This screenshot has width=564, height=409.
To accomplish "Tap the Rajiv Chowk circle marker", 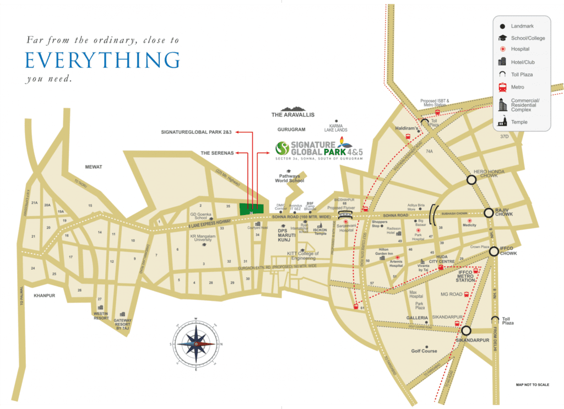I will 488,213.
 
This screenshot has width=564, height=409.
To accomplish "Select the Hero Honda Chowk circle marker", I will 471,179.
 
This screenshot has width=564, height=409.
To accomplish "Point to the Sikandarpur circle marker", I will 466,331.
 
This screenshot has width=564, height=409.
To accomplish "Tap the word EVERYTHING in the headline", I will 102,60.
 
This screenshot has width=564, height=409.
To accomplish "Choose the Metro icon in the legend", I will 502,87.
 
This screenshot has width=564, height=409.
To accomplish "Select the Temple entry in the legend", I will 519,122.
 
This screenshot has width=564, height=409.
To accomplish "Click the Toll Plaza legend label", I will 522,74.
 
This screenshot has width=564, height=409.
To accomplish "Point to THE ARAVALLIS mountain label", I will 292,115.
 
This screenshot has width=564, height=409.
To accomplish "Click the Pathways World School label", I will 289,177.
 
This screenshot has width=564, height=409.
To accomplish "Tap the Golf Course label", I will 424,351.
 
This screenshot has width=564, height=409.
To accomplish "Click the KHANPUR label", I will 45,295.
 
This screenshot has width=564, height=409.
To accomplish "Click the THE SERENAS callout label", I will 217,152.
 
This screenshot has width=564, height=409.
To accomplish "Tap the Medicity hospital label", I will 469,225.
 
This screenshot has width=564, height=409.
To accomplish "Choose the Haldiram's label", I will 406,128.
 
